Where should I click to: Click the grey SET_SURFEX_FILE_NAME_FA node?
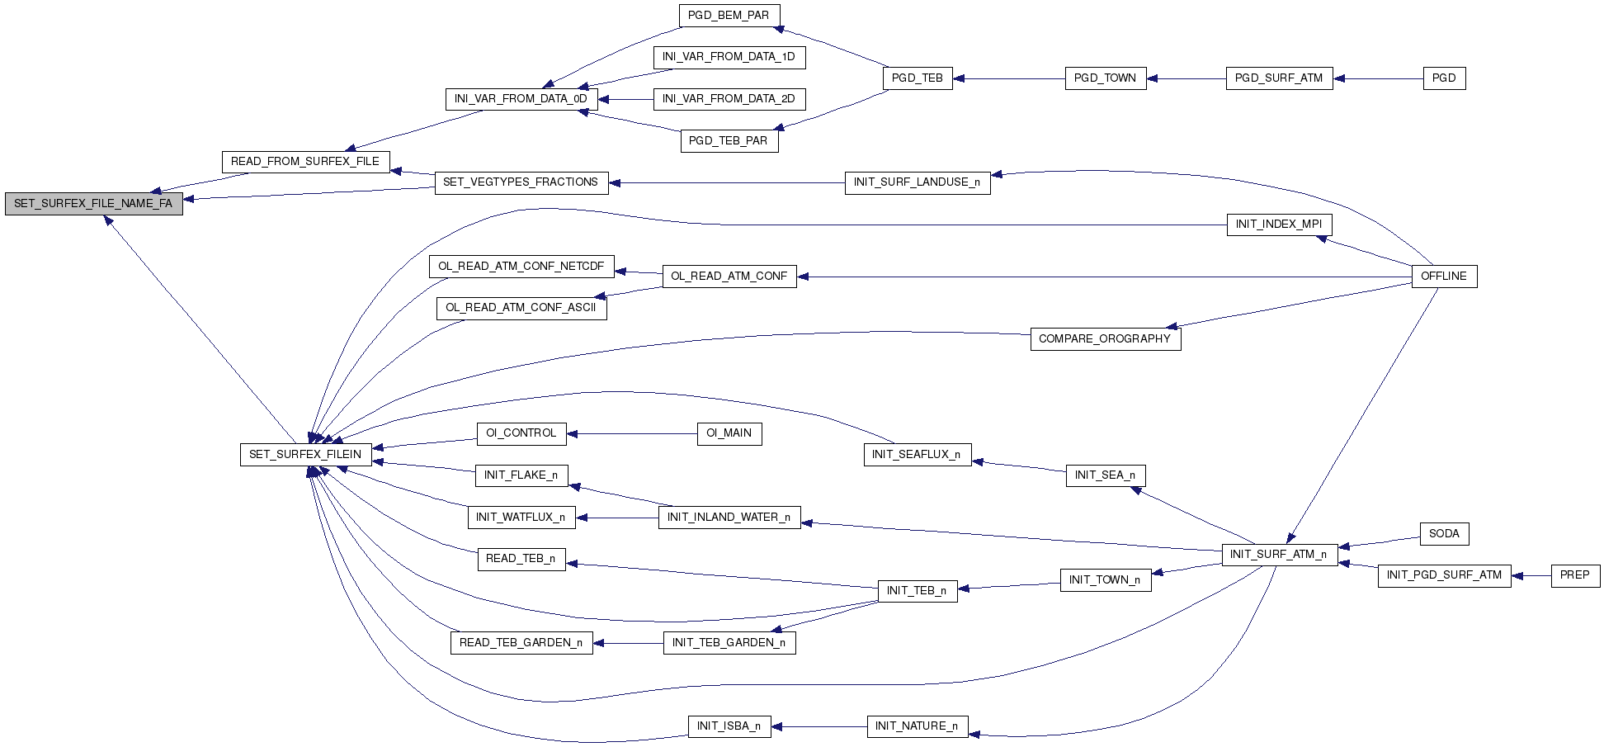pyautogui.click(x=93, y=203)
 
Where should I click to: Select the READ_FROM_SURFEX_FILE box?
pyautogui.click(x=305, y=161)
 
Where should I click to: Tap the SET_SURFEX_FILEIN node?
pyautogui.click(x=305, y=454)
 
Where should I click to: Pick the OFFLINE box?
pyautogui.click(x=1444, y=276)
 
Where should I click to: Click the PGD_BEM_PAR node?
pyautogui.click(x=729, y=15)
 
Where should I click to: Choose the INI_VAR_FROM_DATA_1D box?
pyautogui.click(x=729, y=57)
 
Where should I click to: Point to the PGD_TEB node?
pyautogui.click(x=918, y=78)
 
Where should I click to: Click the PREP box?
pyautogui.click(x=1575, y=575)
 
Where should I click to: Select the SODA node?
pyautogui.click(x=1444, y=533)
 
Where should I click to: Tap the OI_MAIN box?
pyautogui.click(x=729, y=433)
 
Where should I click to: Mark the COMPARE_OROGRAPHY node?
pyautogui.click(x=1105, y=338)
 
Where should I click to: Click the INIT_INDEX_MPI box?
pyautogui.click(x=1279, y=224)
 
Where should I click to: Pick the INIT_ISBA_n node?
pyautogui.click(x=729, y=726)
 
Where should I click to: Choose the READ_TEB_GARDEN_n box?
pyautogui.click(x=521, y=643)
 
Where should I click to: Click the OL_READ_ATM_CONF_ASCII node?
pyautogui.click(x=521, y=308)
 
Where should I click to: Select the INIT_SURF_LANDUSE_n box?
pyautogui.click(x=918, y=182)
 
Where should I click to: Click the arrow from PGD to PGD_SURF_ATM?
pyautogui.click(x=1378, y=78)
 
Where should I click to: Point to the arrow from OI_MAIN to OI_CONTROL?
pyautogui.click(x=632, y=433)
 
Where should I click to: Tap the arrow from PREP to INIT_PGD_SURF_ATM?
pyautogui.click(x=1531, y=575)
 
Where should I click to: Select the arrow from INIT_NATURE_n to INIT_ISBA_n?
pyautogui.click(x=819, y=726)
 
